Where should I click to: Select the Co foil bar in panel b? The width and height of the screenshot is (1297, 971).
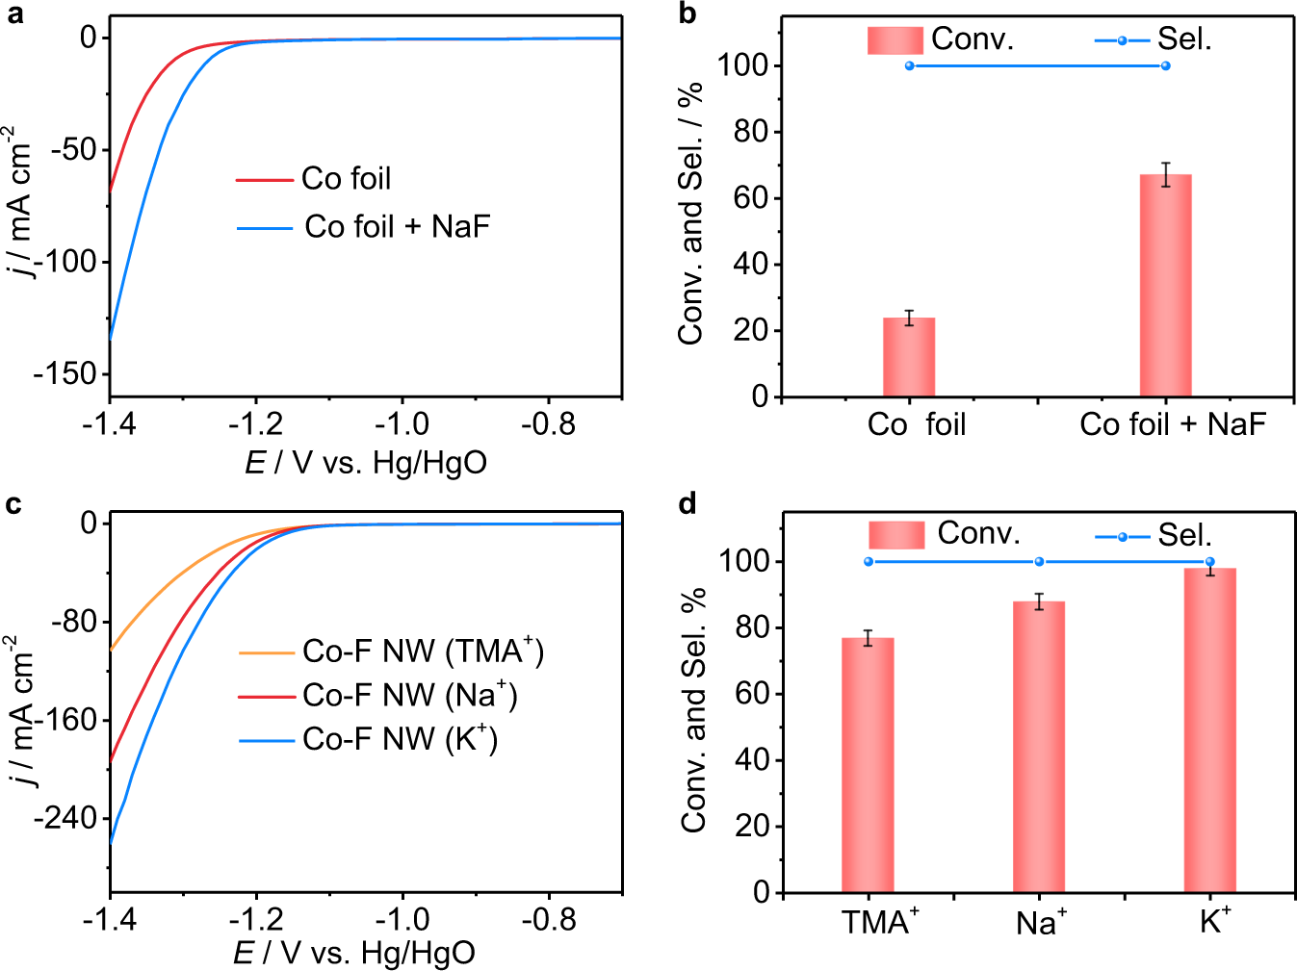(x=909, y=357)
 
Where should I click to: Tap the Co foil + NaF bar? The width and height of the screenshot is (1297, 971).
(x=1165, y=286)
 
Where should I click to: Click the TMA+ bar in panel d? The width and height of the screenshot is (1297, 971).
(x=868, y=765)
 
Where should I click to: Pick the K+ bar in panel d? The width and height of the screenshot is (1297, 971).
(x=1209, y=730)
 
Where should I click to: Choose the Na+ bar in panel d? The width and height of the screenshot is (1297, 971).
(x=1039, y=747)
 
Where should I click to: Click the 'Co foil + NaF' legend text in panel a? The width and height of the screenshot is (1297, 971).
(x=397, y=227)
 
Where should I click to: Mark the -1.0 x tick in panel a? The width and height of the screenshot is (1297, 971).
(x=402, y=424)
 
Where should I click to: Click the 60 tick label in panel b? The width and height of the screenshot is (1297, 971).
(x=750, y=198)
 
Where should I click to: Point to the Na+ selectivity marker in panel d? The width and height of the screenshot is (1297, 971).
(x=1039, y=562)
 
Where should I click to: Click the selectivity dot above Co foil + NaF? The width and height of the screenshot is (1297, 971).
(x=1165, y=66)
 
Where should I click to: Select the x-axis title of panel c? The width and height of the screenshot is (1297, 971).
(x=354, y=953)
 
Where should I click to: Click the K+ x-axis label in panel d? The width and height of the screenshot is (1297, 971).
(x=1214, y=922)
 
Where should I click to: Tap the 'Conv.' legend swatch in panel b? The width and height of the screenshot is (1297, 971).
(x=895, y=40)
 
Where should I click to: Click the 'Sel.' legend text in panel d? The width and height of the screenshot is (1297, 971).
(x=1184, y=535)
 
